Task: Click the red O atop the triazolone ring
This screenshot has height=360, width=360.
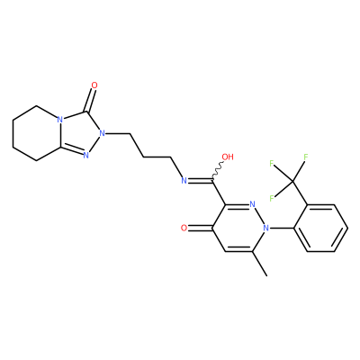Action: (x=94, y=85)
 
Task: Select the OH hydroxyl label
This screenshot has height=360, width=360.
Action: (x=228, y=157)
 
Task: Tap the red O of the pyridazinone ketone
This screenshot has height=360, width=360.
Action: (x=184, y=229)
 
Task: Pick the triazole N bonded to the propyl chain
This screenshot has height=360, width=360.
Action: (x=103, y=132)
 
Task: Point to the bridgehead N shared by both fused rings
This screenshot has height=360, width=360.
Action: (x=60, y=119)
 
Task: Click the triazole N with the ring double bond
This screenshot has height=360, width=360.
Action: (x=85, y=156)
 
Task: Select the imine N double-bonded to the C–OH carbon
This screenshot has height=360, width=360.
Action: (x=184, y=181)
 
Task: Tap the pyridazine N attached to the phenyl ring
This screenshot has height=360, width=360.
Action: (x=265, y=229)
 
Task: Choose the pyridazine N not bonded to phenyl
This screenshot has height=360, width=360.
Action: (x=252, y=205)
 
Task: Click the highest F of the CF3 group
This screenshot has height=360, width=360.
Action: (x=306, y=157)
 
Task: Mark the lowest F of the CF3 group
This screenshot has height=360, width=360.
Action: (x=272, y=198)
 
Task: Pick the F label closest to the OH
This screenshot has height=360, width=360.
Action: (x=272, y=164)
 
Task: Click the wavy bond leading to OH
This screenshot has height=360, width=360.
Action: (x=218, y=171)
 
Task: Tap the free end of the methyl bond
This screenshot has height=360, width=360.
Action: (x=266, y=275)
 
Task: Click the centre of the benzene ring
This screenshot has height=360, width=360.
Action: (x=320, y=229)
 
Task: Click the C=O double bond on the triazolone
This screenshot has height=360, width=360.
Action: (x=91, y=101)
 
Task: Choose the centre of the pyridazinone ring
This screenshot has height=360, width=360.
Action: (x=239, y=229)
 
